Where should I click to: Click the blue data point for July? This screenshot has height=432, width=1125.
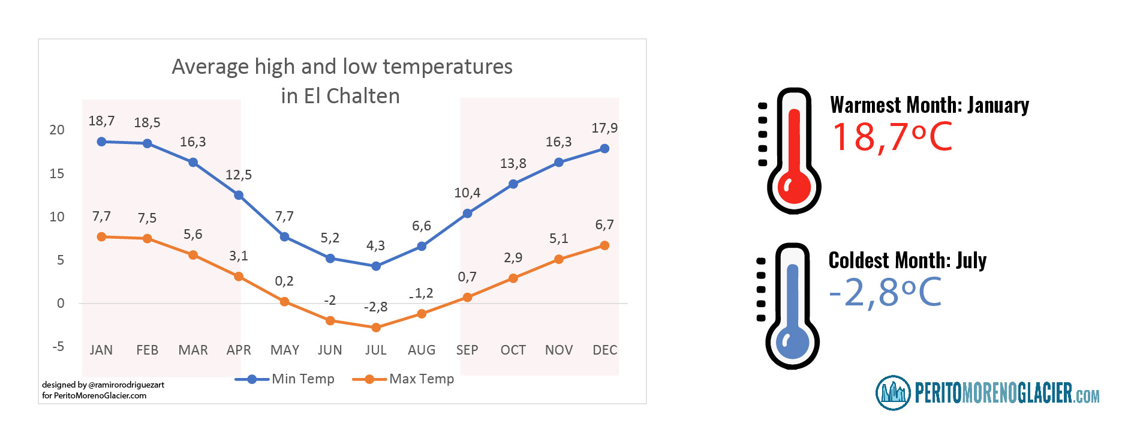pyautogui.click(x=376, y=266)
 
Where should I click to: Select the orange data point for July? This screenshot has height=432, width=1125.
pyautogui.click(x=376, y=328)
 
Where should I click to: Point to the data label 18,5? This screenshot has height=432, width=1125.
pyautogui.click(x=147, y=123)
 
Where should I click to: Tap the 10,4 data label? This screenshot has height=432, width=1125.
pyautogui.click(x=467, y=193)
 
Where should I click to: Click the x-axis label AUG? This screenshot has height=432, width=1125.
pyautogui.click(x=422, y=350)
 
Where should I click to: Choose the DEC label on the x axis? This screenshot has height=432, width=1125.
pyautogui.click(x=604, y=350)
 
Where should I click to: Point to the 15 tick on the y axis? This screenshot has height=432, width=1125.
pyautogui.click(x=57, y=174)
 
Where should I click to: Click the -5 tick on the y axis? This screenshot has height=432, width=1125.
pyautogui.click(x=58, y=347)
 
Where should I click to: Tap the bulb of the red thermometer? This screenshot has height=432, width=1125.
pyautogui.click(x=794, y=186)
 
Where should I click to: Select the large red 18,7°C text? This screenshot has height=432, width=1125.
pyautogui.click(x=892, y=137)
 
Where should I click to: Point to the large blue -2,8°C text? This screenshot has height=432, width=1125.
pyautogui.click(x=885, y=292)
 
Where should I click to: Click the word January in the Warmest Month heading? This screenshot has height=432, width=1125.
pyautogui.click(x=998, y=106)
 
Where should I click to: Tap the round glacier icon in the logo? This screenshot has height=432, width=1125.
pyautogui.click(x=893, y=393)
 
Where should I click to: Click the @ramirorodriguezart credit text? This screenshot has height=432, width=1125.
pyautogui.click(x=126, y=385)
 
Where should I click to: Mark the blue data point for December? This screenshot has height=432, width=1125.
pyautogui.click(x=604, y=148)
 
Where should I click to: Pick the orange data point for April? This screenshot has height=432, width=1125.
pyautogui.click(x=239, y=277)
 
